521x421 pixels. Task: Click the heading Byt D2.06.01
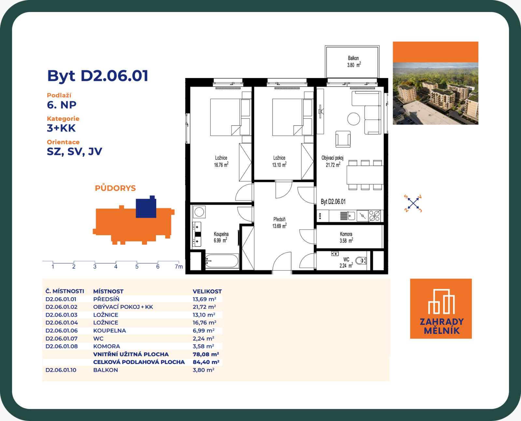[98, 76]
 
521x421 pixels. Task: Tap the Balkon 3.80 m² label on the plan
[354, 61]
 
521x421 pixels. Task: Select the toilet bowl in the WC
[361, 261]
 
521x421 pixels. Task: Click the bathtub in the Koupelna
[222, 261]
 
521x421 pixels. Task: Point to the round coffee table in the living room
[353, 119]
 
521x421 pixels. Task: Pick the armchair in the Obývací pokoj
[343, 139]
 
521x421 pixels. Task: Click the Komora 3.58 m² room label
[346, 237]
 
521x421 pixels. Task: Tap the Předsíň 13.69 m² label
[279, 223]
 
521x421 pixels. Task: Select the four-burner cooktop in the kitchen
[374, 216]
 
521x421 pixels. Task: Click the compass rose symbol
[413, 203]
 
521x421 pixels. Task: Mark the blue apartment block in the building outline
[146, 207]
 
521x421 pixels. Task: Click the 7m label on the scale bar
[179, 266]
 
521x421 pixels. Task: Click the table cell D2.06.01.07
[62, 339]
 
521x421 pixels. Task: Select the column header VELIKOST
[207, 291]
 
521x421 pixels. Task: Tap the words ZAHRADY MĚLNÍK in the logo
[442, 326]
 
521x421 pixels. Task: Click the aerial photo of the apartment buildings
[435, 93]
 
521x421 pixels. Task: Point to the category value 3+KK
[61, 128]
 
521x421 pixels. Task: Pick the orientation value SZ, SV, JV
[74, 152]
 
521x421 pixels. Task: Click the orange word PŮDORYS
[115, 188]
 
